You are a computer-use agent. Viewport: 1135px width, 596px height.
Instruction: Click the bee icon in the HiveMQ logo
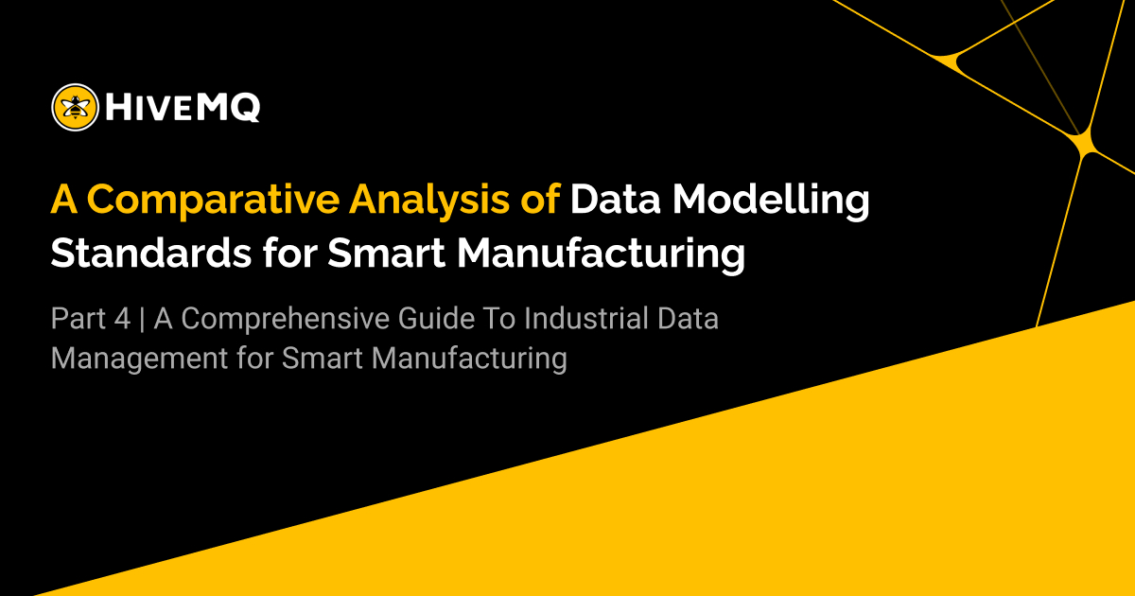pos(76,107)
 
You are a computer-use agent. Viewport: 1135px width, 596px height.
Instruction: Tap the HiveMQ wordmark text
pos(183,108)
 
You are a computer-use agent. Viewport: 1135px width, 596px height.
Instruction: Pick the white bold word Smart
pos(389,253)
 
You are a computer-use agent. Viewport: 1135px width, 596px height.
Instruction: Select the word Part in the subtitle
pos(78,320)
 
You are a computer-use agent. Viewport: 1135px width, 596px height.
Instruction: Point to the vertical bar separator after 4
pos(142,320)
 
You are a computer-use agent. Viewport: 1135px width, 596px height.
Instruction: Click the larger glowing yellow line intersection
pos(1082,143)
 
